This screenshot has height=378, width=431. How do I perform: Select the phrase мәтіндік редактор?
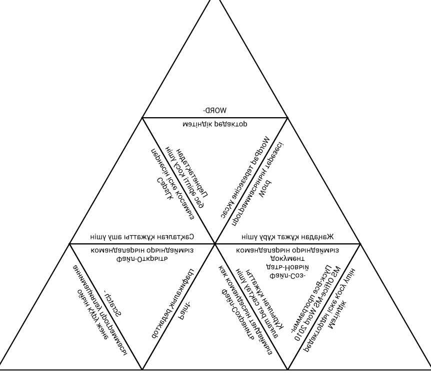215,123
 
